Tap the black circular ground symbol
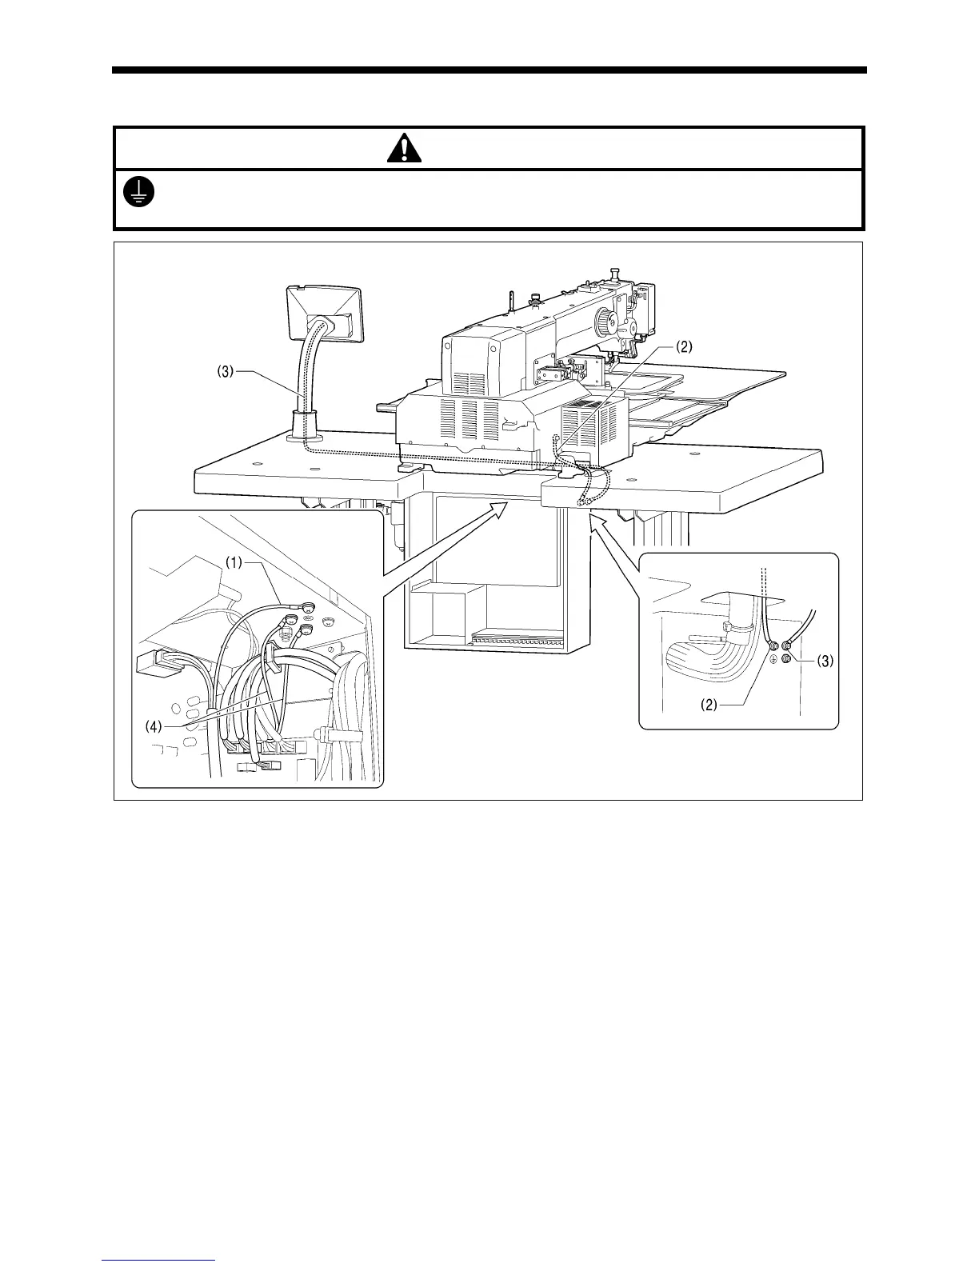point(140,190)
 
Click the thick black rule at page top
point(489,70)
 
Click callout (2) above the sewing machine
point(683,347)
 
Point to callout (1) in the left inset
point(233,562)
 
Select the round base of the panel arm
point(309,436)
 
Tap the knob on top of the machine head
point(615,274)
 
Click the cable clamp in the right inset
point(729,629)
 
